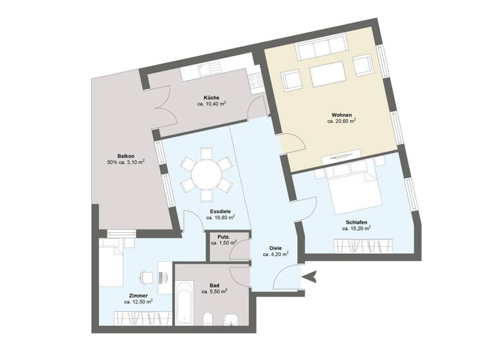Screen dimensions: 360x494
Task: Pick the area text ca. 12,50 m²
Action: click(x=138, y=301)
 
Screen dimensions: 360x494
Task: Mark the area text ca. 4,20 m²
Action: click(x=275, y=254)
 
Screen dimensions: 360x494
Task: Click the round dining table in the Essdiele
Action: click(x=206, y=172)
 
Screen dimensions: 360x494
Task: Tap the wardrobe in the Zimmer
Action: click(x=142, y=317)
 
